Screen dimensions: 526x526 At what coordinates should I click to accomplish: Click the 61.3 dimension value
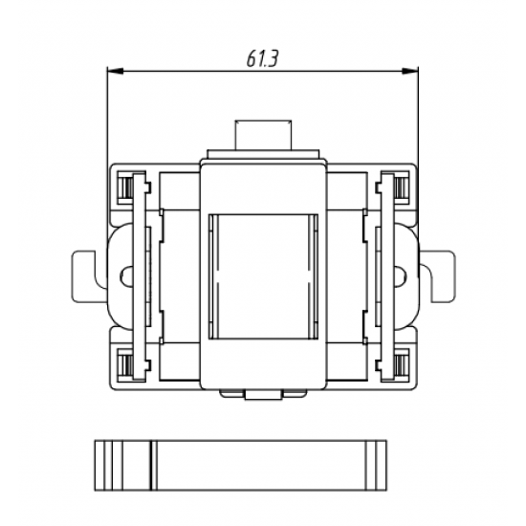(x=262, y=59)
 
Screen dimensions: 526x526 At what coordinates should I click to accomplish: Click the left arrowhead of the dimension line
(x=115, y=71)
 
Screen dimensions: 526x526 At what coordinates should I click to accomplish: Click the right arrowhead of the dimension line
(x=410, y=71)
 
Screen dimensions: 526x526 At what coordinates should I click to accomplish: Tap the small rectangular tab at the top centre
(x=263, y=135)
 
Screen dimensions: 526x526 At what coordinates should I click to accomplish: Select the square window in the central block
(x=263, y=276)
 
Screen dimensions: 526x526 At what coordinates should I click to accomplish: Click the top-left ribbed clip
(x=127, y=187)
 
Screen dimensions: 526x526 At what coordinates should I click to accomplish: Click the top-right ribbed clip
(x=400, y=187)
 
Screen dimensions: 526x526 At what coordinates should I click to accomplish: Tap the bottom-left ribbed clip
(x=127, y=364)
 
